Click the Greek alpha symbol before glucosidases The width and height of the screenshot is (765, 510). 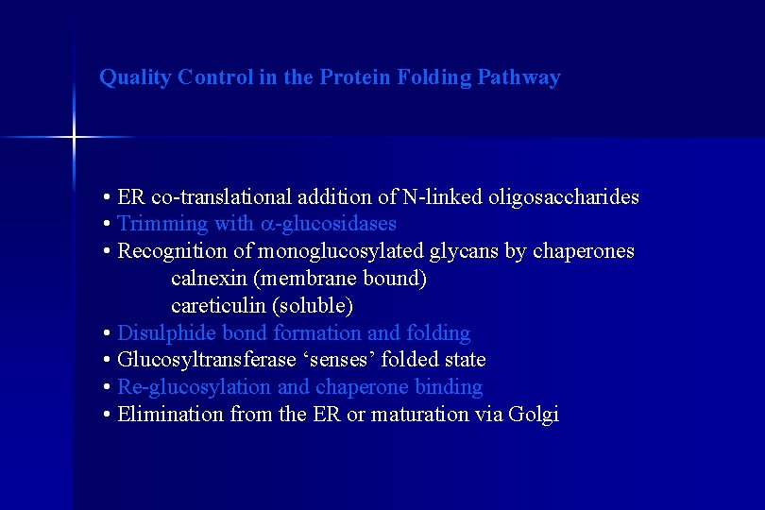click(x=266, y=225)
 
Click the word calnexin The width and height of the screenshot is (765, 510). click(x=209, y=279)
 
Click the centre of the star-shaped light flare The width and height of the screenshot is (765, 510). click(x=74, y=138)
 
